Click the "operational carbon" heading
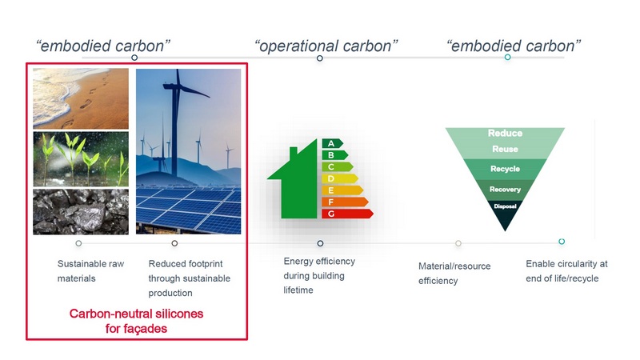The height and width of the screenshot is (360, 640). pos(326,46)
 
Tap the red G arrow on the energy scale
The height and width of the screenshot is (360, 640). pos(347,214)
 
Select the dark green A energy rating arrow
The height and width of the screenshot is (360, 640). pos(332,143)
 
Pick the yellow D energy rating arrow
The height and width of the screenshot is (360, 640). pos(340,178)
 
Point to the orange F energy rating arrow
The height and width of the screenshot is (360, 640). pos(345,202)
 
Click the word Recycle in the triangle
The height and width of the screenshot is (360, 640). pos(505,169)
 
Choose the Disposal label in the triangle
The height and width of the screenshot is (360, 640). pos(505,206)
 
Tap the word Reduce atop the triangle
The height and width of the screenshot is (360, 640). pos(505,133)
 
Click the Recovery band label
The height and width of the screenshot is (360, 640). pos(505,190)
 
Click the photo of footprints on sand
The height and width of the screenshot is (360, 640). pos(81,98)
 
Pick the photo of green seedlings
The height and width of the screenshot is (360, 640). pos(81,159)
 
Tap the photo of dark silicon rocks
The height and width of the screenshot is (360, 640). pos(81,211)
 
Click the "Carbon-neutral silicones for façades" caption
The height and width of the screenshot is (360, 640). pos(136,322)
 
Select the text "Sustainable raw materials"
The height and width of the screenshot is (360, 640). pos(90,271)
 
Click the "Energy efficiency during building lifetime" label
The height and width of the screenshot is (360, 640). pos(319,275)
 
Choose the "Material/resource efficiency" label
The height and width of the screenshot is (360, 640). pos(454,274)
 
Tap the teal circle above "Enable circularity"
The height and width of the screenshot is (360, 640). pos(562,242)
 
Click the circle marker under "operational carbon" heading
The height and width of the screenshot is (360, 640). pos(320,58)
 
